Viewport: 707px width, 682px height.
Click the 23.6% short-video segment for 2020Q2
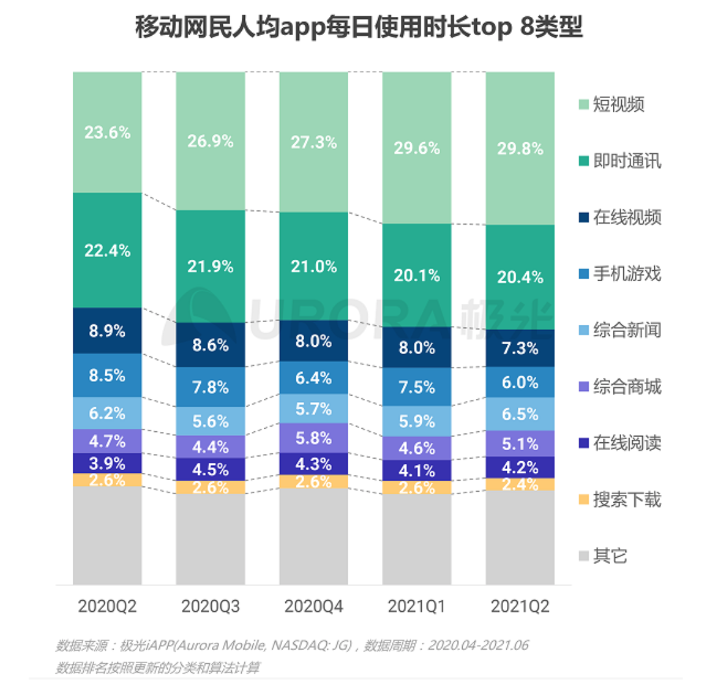(x=107, y=133)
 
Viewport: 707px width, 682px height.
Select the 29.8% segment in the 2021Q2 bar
(x=520, y=148)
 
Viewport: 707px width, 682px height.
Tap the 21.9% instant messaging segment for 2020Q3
(x=211, y=266)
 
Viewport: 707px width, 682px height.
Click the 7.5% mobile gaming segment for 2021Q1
(x=417, y=387)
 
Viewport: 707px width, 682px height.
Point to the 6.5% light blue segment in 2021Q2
(x=520, y=414)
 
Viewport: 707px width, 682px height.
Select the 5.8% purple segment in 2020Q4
(x=314, y=438)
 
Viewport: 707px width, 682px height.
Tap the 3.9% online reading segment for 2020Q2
(x=107, y=462)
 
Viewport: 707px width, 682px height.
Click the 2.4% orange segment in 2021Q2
(x=520, y=484)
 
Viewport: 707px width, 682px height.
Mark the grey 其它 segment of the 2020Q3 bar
(x=211, y=539)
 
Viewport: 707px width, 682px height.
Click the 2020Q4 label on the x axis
(x=314, y=607)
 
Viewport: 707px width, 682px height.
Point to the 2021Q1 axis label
(x=417, y=607)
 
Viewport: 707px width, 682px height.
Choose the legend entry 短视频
(x=618, y=104)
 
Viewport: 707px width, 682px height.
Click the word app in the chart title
(x=303, y=29)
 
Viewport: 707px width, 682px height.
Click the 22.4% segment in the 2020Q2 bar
(x=107, y=250)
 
